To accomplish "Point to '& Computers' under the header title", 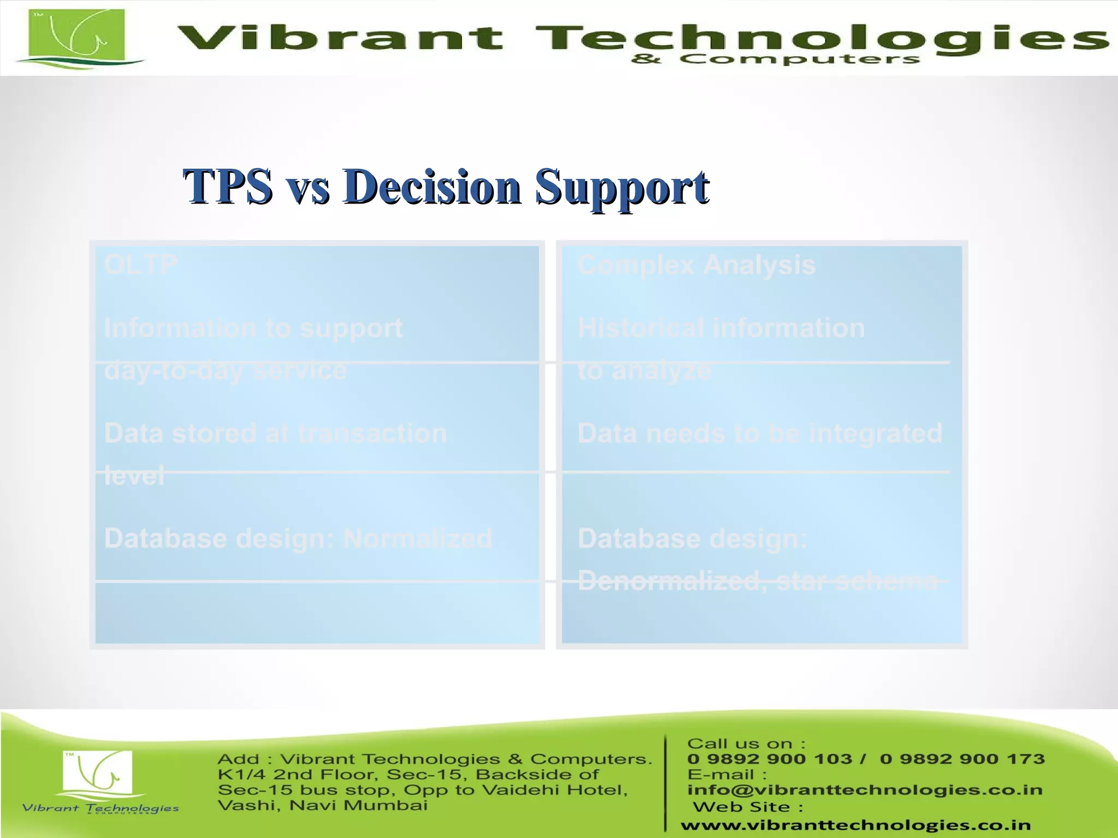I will coord(775,59).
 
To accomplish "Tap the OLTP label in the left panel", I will coord(140,265).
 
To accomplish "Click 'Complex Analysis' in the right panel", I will coord(696,266).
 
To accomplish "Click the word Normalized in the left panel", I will coord(418,539).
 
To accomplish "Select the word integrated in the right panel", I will coord(876,434).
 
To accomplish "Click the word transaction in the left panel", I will coord(372,434).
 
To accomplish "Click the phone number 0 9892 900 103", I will coord(770,759).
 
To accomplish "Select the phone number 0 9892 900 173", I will coord(962,759).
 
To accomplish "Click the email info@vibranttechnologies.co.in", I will coord(865,790).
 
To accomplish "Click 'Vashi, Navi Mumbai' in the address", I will coord(322,805).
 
